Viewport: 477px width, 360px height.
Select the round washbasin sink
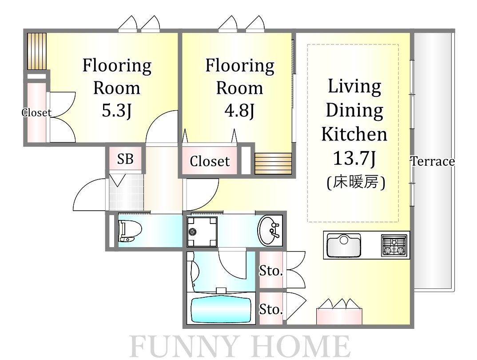269,230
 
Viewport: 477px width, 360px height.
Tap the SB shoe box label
125,159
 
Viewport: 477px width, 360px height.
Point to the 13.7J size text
354,158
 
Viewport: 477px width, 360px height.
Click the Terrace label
433,161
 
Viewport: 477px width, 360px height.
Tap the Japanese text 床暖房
355,182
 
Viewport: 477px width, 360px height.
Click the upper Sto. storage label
271,270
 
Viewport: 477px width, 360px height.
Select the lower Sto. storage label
271,309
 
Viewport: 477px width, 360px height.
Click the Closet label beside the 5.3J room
36,113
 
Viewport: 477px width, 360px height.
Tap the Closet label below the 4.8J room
210,161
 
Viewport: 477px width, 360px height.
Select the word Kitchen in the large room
354,134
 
